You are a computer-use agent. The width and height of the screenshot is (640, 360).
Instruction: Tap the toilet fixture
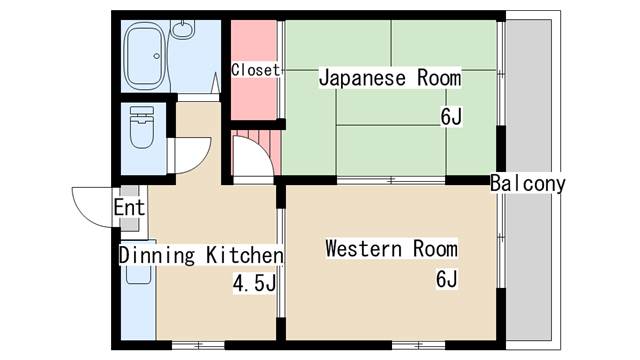pyautogui.click(x=140, y=128)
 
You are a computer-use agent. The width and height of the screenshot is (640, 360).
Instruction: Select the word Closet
pyautogui.click(x=255, y=70)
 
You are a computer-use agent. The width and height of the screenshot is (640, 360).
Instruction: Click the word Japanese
pyautogui.click(x=363, y=78)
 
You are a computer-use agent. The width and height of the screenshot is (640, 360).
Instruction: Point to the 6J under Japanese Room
pyautogui.click(x=450, y=116)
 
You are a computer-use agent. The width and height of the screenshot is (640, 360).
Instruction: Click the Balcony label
pyautogui.click(x=528, y=184)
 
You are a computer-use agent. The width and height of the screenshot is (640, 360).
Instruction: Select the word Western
pyautogui.click(x=361, y=248)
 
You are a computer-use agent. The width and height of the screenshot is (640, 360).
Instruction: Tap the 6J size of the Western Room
pyautogui.click(x=446, y=279)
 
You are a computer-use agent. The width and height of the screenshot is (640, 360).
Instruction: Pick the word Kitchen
pyautogui.click(x=245, y=255)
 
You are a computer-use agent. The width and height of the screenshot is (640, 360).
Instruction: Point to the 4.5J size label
pyautogui.click(x=254, y=285)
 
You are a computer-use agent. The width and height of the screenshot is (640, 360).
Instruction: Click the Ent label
pyautogui.click(x=128, y=208)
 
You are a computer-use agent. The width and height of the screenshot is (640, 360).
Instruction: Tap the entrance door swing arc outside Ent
pyautogui.click(x=91, y=205)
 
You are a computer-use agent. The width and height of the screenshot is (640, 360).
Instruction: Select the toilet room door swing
pyautogui.click(x=190, y=155)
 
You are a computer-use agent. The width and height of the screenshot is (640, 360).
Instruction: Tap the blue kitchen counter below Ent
pyautogui.click(x=139, y=290)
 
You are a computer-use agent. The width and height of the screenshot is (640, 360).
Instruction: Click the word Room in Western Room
pyautogui.click(x=433, y=248)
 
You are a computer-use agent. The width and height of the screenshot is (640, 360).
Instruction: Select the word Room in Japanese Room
pyautogui.click(x=439, y=78)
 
